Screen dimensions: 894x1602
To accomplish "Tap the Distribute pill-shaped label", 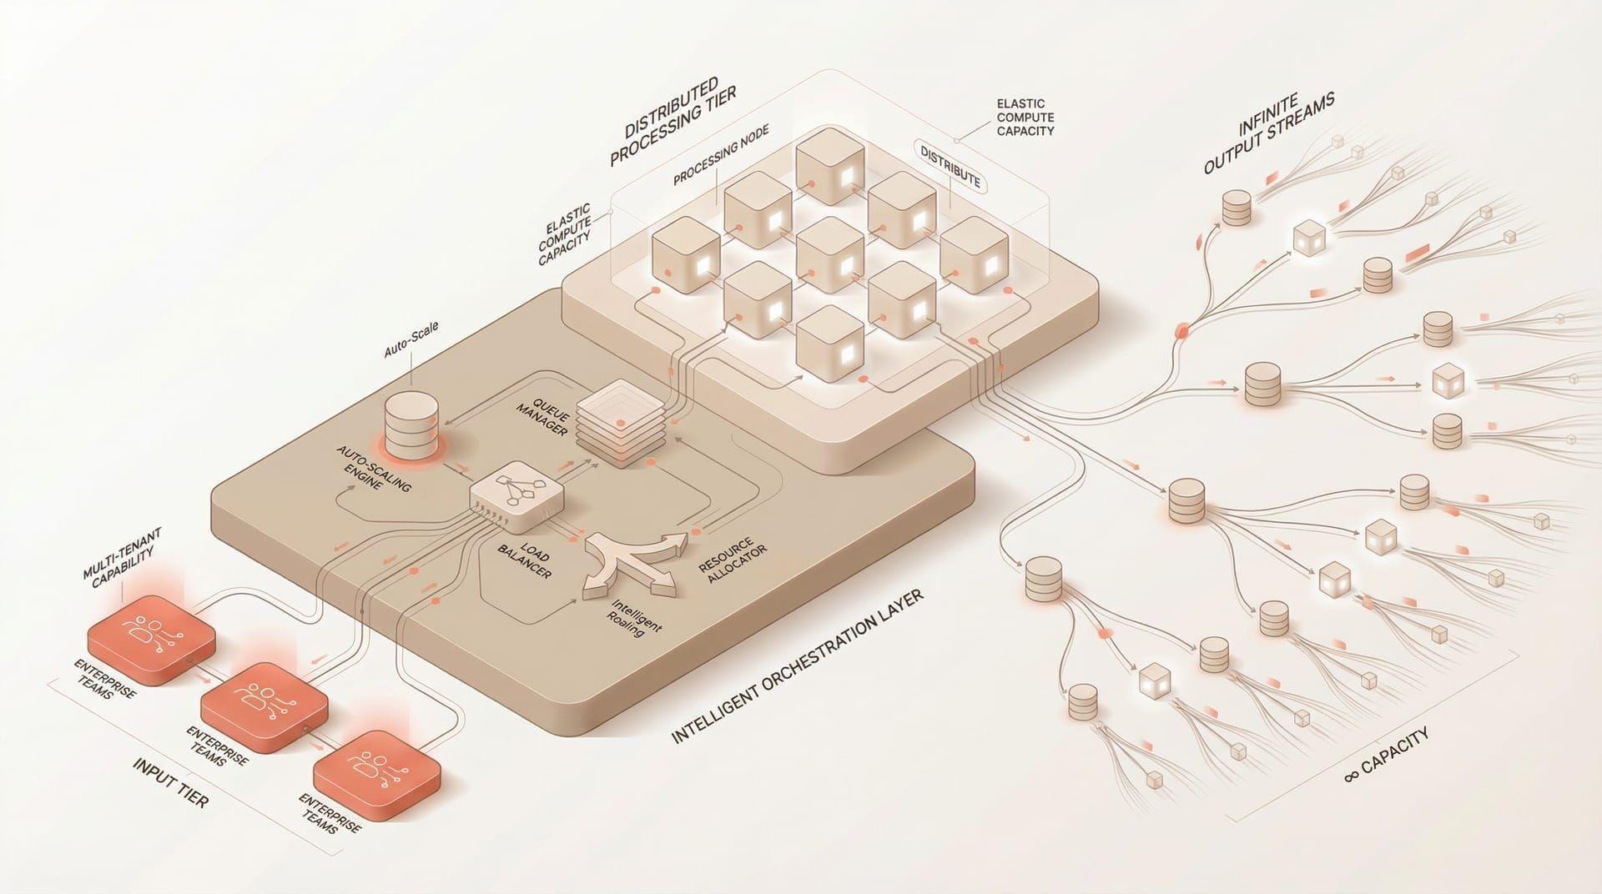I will [x=950, y=166].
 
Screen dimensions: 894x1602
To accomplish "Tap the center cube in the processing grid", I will [x=827, y=255].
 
